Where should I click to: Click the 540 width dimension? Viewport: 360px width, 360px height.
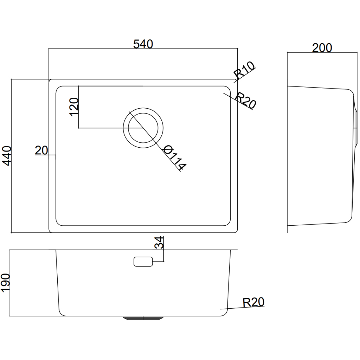tap(143, 44)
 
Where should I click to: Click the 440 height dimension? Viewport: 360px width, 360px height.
tap(8, 156)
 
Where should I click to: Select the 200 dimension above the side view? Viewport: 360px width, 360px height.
tap(322, 47)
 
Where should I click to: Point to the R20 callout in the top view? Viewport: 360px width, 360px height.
tap(245, 100)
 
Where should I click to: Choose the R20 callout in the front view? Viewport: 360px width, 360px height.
tap(253, 302)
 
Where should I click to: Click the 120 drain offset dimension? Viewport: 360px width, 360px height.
tap(74, 107)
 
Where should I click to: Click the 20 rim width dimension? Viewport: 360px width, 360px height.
tap(41, 150)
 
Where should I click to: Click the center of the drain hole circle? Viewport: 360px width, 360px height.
tap(143, 128)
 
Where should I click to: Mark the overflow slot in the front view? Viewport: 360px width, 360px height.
tap(143, 262)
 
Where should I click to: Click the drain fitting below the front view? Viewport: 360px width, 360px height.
tap(143, 318)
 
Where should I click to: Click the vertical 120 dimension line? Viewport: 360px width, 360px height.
tap(78, 107)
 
